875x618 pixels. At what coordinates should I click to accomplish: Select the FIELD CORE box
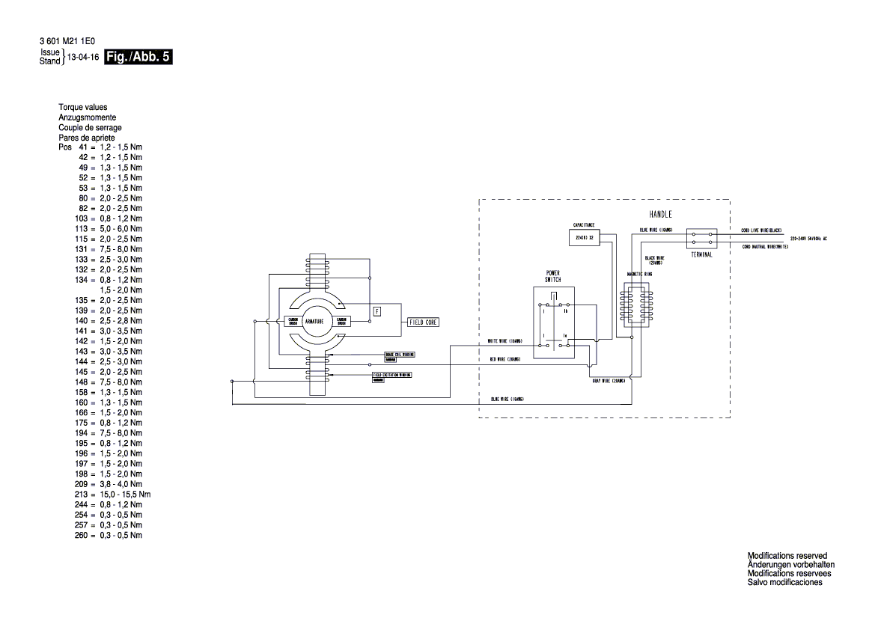point(424,322)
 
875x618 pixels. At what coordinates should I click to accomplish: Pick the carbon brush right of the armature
point(342,321)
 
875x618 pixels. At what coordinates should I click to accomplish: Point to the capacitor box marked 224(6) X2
point(584,237)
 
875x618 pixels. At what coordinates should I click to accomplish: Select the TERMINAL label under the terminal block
point(701,254)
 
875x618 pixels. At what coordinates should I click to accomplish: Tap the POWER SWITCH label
point(552,275)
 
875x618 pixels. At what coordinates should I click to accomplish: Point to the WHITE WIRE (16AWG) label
point(505,341)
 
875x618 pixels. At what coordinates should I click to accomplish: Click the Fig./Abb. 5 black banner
point(138,57)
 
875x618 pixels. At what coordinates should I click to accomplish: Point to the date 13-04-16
point(83,58)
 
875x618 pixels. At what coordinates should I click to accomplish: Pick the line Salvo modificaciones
point(784,582)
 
